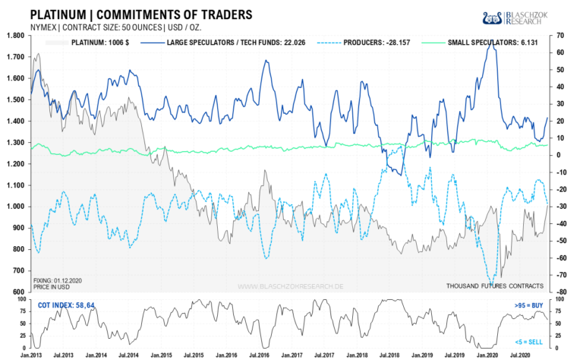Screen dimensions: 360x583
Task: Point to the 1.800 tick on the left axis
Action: [x=14, y=36]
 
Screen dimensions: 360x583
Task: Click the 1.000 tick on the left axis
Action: [x=14, y=207]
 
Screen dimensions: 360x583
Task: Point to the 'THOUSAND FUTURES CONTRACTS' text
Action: [x=494, y=286]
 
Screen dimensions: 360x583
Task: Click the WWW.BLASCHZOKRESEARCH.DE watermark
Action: [x=291, y=286]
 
